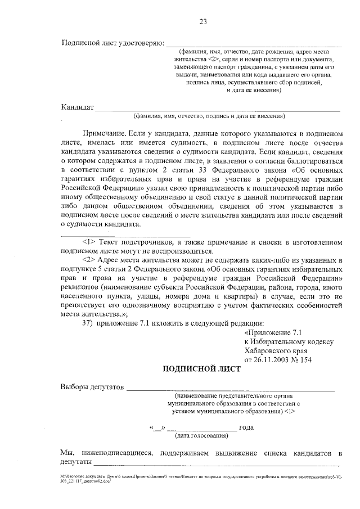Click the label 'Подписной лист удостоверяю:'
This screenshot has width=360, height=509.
112,43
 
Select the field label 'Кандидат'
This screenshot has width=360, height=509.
77,107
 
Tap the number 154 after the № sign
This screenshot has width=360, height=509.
304,359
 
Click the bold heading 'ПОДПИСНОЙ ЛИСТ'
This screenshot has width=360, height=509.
201,370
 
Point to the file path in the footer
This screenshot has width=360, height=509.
202,479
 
